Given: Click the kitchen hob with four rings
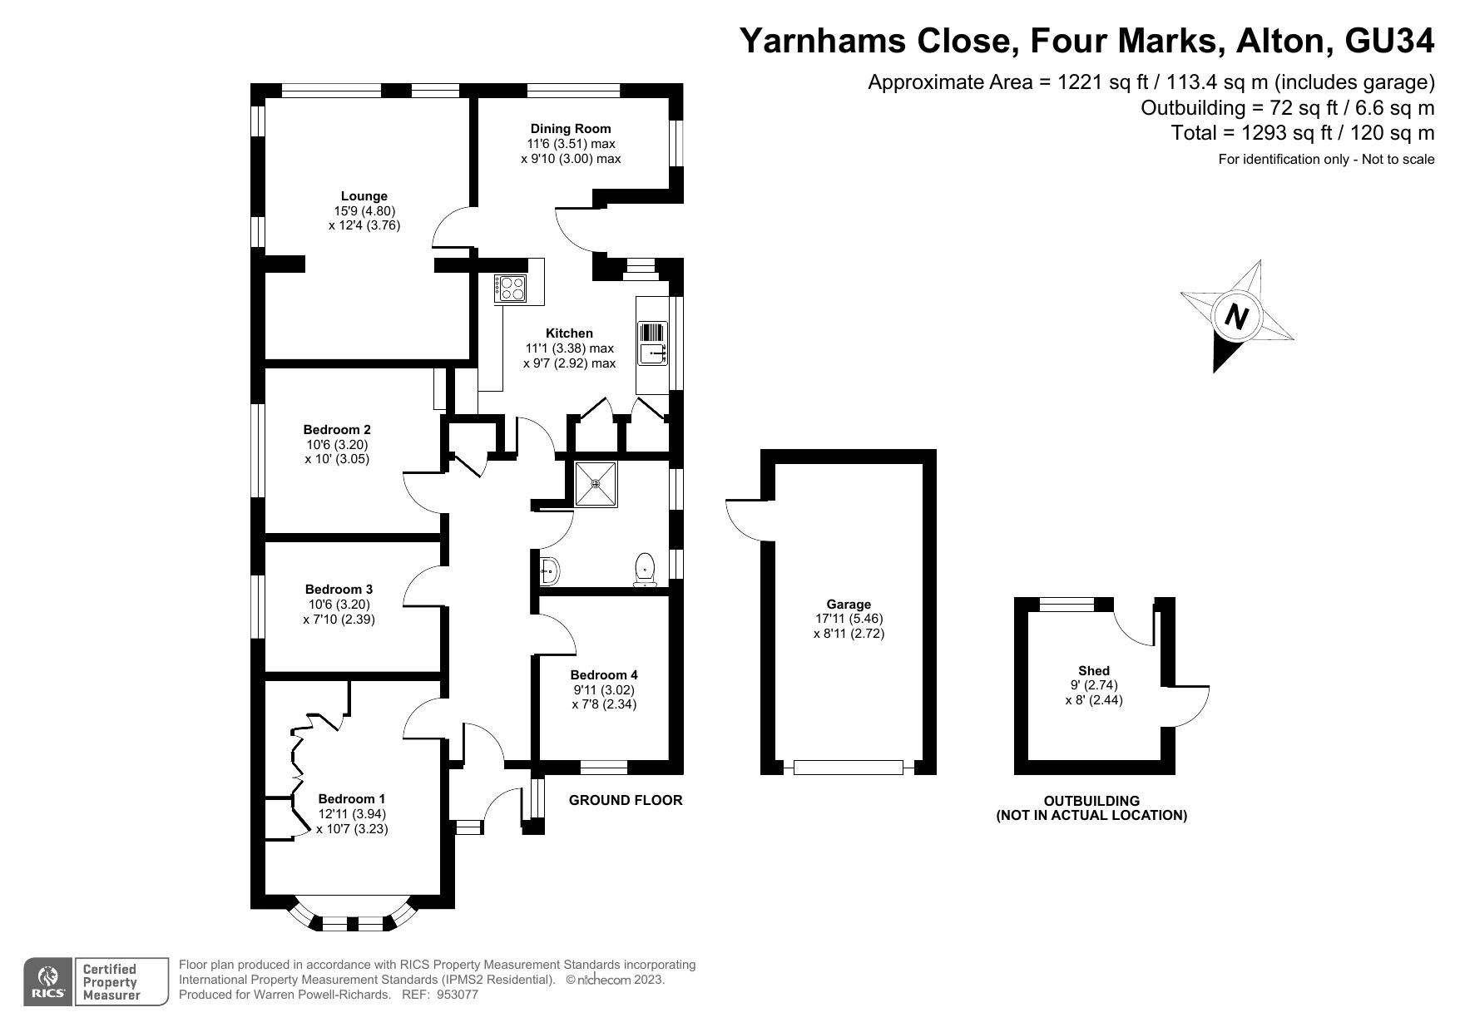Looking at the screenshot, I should [x=511, y=288].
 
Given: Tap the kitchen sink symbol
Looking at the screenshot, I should [x=653, y=343].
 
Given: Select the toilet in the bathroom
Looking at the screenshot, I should [x=645, y=570].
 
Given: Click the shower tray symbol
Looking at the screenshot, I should [x=596, y=484].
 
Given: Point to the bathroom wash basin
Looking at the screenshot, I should [x=550, y=571].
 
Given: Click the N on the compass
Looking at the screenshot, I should [x=1237, y=318].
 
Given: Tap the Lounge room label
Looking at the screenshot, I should [x=364, y=196].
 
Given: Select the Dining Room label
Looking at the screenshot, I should [x=571, y=128].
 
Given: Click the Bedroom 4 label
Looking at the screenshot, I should [x=604, y=675].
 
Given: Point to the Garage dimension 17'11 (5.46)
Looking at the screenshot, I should [x=849, y=619].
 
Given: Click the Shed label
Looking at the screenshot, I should [x=1094, y=670].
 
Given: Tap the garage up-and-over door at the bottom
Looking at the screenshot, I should [x=848, y=767].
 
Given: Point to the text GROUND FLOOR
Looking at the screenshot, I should [x=626, y=800].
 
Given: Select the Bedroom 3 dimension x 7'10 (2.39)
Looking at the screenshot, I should [x=339, y=620].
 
